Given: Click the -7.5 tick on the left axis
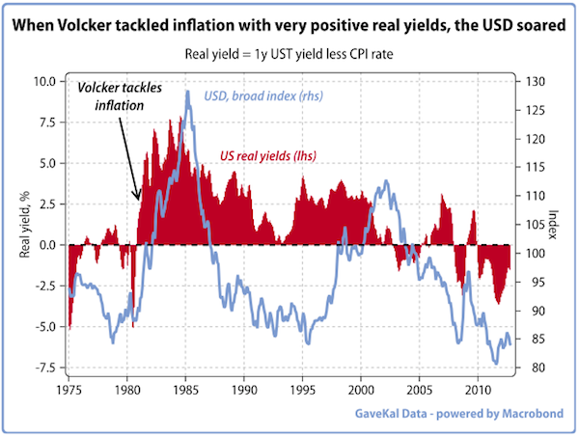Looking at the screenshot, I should pos(46,369).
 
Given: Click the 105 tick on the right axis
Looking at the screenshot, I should pos(533,225).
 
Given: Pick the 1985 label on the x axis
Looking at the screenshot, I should pos(186,390).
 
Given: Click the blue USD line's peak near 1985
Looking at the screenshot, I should pos(187,92).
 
